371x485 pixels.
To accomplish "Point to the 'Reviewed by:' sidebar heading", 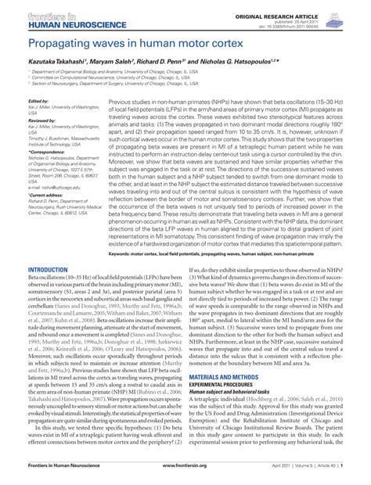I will click(x=41, y=122).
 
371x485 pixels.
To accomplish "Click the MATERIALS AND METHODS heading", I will click(x=229, y=376).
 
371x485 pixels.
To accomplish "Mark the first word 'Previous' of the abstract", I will click(x=124, y=102).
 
